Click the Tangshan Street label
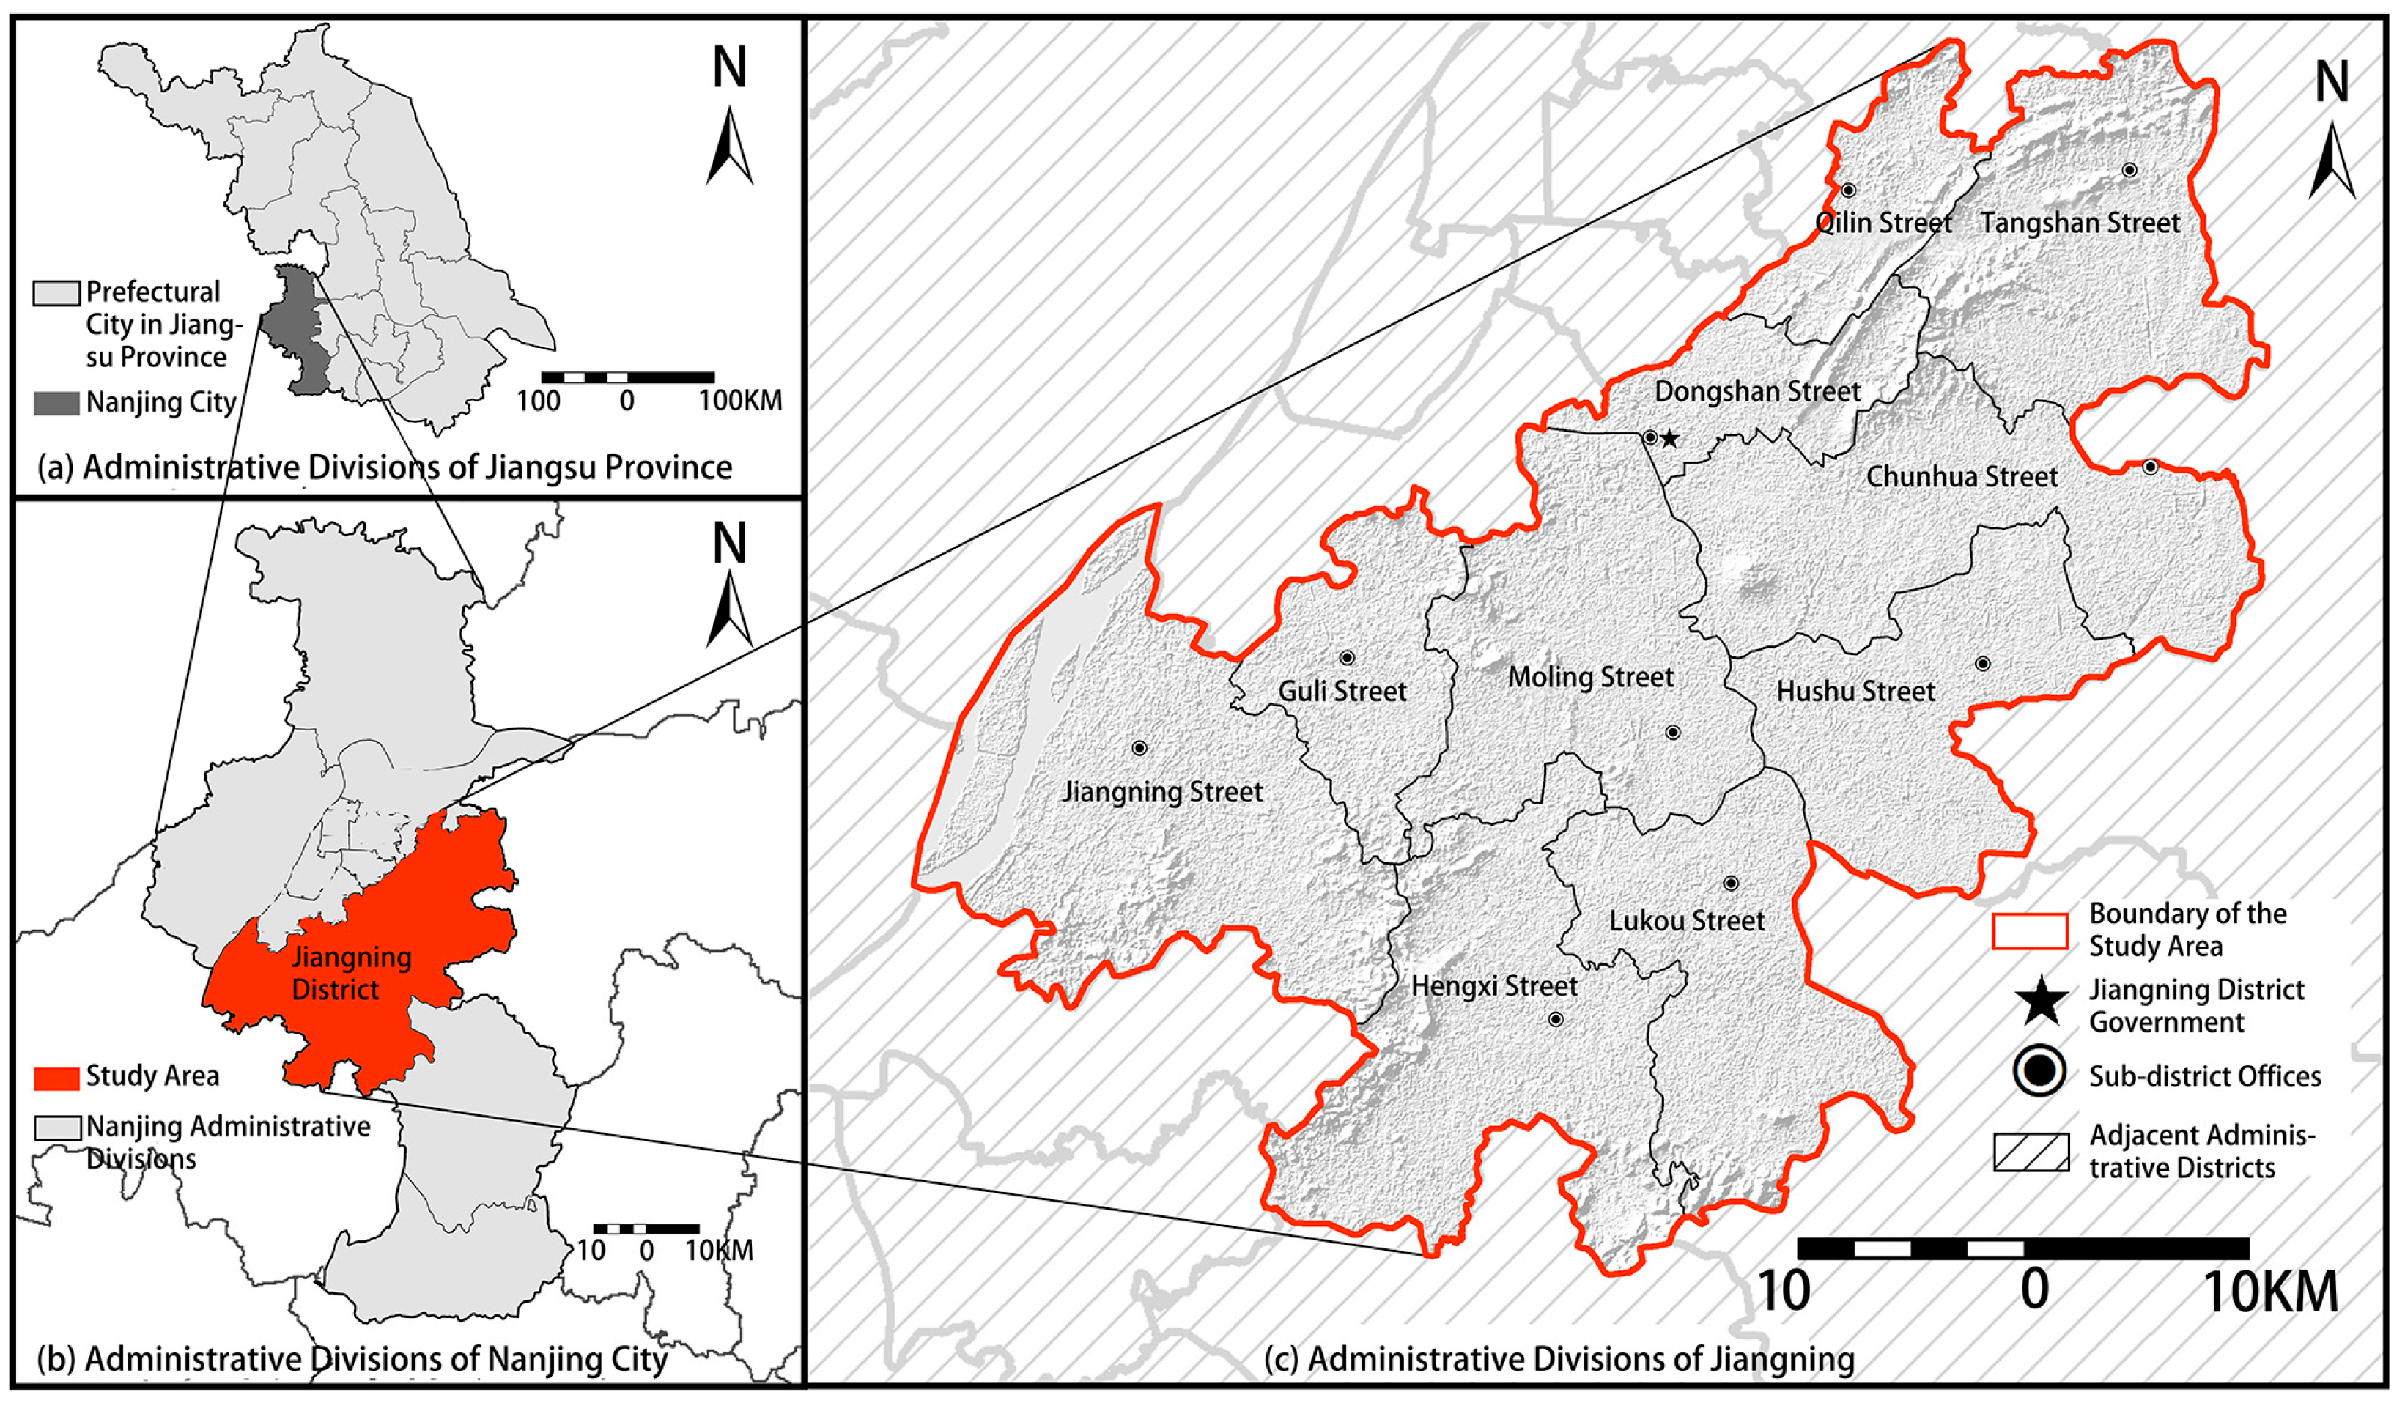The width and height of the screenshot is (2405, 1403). point(2080,223)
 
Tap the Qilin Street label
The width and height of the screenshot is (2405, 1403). point(1883,223)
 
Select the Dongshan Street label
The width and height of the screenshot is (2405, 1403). point(1757,391)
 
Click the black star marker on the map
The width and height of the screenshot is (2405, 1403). point(1669,439)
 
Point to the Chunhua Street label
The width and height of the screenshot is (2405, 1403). point(1961,476)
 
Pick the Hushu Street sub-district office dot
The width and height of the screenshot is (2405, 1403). point(1982,663)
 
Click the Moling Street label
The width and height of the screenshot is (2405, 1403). point(1590,677)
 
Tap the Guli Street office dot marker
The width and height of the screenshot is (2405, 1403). point(1347,658)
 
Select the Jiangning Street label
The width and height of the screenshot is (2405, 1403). point(1161,791)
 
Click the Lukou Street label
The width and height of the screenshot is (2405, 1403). point(1686,921)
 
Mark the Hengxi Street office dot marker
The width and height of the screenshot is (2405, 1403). point(1556,1019)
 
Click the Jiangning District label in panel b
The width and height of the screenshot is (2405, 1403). point(350,972)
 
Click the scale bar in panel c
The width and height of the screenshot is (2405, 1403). point(2023,1248)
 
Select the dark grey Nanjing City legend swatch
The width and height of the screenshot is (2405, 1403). point(56,403)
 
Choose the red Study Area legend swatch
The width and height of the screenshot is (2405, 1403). point(56,1078)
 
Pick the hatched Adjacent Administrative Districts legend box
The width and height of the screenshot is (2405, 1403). point(2031,1152)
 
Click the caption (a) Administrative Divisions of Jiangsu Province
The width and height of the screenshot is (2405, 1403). point(385,467)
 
